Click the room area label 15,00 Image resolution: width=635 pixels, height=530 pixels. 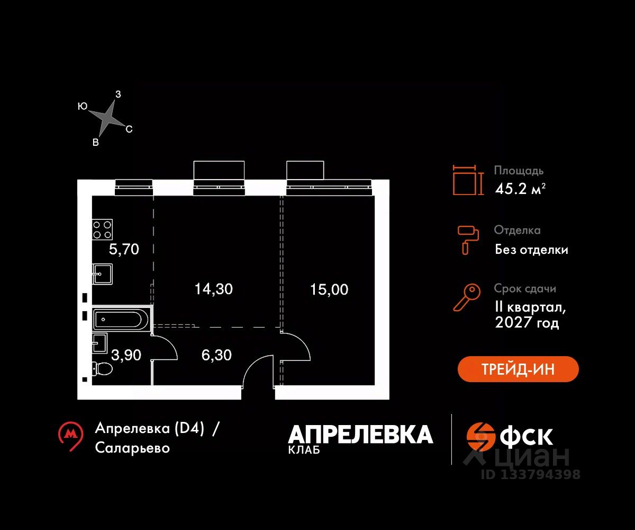tap(329, 289)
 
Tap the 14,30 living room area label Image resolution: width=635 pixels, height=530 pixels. tap(213, 289)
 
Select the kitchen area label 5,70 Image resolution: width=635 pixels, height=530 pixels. tap(124, 249)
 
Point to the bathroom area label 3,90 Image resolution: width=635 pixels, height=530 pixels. tap(126, 355)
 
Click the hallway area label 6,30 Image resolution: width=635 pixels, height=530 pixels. tap(217, 355)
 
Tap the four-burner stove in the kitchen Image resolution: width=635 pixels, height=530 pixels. tap(103, 229)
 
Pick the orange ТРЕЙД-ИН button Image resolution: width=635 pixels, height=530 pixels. tap(518, 369)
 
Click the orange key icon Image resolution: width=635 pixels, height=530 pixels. tap(466, 297)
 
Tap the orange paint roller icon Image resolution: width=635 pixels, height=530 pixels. tap(468, 239)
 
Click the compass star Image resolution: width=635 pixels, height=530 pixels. tap(108, 119)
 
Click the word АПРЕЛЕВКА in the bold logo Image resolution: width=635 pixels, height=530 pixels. tap(360, 435)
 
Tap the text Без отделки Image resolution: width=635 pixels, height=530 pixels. tap(531, 250)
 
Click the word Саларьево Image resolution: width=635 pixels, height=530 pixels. tap(132, 448)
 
